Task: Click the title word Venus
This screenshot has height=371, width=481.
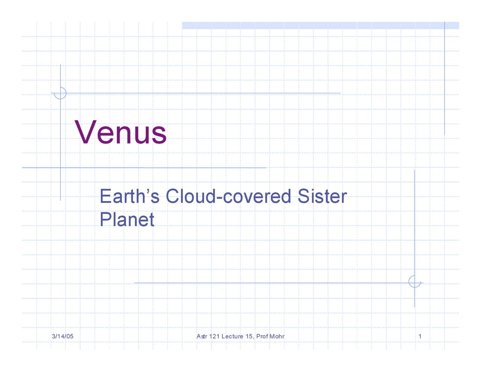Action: (x=120, y=132)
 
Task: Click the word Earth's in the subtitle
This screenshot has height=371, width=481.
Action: (x=130, y=196)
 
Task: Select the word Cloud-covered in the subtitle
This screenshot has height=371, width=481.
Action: (x=228, y=196)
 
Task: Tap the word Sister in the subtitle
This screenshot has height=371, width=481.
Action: (x=322, y=196)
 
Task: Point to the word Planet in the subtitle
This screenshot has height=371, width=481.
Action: (x=127, y=219)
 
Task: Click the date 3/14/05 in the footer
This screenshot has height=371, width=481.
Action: (x=62, y=336)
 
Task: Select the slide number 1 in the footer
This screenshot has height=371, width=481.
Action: (x=420, y=336)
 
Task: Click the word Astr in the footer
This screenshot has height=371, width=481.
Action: (x=202, y=336)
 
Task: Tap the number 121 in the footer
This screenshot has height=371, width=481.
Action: (x=214, y=336)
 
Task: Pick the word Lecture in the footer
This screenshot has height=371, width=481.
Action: (x=232, y=336)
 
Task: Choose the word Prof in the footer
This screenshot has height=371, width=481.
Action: (x=262, y=336)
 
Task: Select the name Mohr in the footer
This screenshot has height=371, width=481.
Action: (x=277, y=336)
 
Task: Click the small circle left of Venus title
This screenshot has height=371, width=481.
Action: (x=66, y=93)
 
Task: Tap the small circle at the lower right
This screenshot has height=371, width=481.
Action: (x=409, y=282)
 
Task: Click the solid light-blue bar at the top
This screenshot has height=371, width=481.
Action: (x=321, y=26)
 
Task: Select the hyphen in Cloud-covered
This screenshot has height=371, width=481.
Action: (x=219, y=197)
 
